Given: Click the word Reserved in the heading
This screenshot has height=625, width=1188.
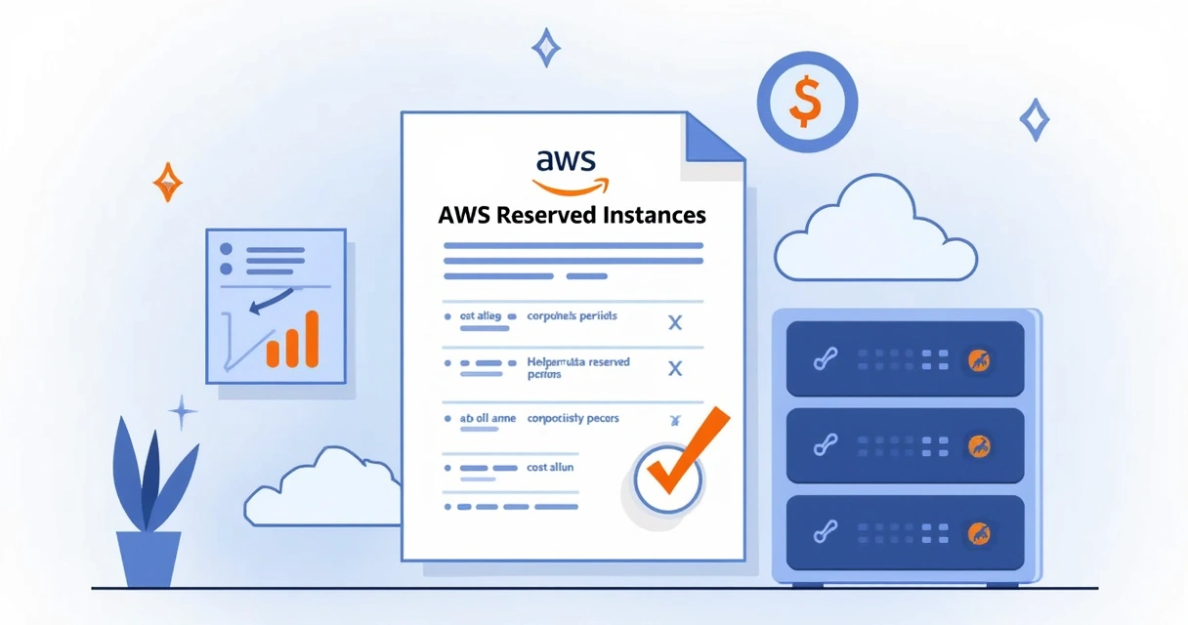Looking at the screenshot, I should pyautogui.click(x=543, y=215).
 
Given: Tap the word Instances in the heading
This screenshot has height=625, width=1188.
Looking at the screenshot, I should pyautogui.click(x=652, y=215).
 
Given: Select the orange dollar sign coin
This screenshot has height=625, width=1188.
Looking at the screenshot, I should pyautogui.click(x=806, y=102).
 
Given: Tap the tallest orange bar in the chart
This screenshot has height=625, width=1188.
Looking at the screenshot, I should pyautogui.click(x=312, y=337).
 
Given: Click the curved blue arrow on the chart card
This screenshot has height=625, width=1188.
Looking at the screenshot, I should pyautogui.click(x=270, y=301).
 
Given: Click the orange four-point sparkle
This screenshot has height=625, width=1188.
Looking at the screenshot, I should pyautogui.click(x=168, y=182).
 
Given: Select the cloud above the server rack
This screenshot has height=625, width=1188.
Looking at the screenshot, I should pyautogui.click(x=874, y=232).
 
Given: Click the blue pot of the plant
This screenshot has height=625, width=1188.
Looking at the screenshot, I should pyautogui.click(x=148, y=559).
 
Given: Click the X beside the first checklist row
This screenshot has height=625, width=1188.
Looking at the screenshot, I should pyautogui.click(x=673, y=322).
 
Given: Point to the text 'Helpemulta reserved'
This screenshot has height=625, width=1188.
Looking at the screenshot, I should pyautogui.click(x=578, y=362).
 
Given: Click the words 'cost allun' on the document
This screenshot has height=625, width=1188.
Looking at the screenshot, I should pyautogui.click(x=550, y=468).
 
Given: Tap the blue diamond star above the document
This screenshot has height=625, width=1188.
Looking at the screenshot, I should pyautogui.click(x=545, y=47).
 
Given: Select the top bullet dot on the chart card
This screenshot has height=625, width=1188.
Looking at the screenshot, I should pyautogui.click(x=227, y=249).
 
